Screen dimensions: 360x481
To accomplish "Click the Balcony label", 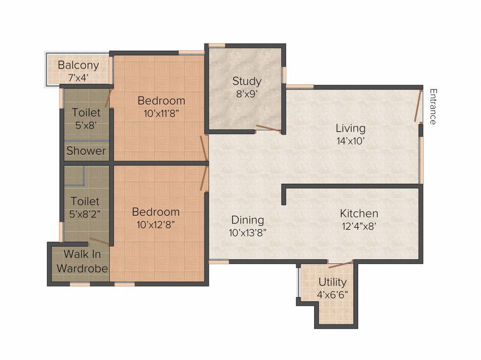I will [x=78, y=65].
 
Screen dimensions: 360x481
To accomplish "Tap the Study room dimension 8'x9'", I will [x=247, y=93].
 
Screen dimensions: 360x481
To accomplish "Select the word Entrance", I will [x=433, y=106].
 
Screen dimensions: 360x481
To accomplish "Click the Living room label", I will [x=350, y=128].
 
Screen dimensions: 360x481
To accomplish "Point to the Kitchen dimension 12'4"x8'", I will [x=359, y=225].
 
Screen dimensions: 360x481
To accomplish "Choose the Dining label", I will [x=248, y=220].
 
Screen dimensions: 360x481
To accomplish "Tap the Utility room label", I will [x=332, y=282].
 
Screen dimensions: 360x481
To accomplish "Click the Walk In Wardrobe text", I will [x=86, y=262].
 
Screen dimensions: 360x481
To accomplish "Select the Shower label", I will [x=86, y=151].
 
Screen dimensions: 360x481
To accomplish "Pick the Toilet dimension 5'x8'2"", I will [x=85, y=214].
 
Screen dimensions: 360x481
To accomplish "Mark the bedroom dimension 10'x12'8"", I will [x=155, y=224].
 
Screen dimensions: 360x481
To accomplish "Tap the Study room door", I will [x=269, y=128].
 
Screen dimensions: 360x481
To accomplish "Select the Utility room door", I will [x=340, y=265].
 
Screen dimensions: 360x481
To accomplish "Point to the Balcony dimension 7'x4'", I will [x=78, y=78].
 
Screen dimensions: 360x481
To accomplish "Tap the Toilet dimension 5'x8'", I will [x=86, y=125].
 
